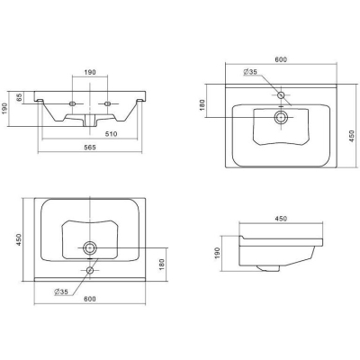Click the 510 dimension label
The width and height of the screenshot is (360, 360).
coord(111,134)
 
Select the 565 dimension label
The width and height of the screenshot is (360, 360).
coord(90,148)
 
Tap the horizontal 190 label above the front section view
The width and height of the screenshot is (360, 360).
coord(90,72)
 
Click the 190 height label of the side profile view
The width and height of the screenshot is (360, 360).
coord(217,253)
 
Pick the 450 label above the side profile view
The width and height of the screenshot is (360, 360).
coord(281,219)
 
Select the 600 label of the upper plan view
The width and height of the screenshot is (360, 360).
coord(281,59)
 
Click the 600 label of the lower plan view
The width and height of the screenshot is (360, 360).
coord(90,299)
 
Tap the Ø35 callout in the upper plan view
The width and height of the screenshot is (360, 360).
coord(250,72)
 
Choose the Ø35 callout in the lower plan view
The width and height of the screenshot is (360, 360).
coord(61,292)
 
